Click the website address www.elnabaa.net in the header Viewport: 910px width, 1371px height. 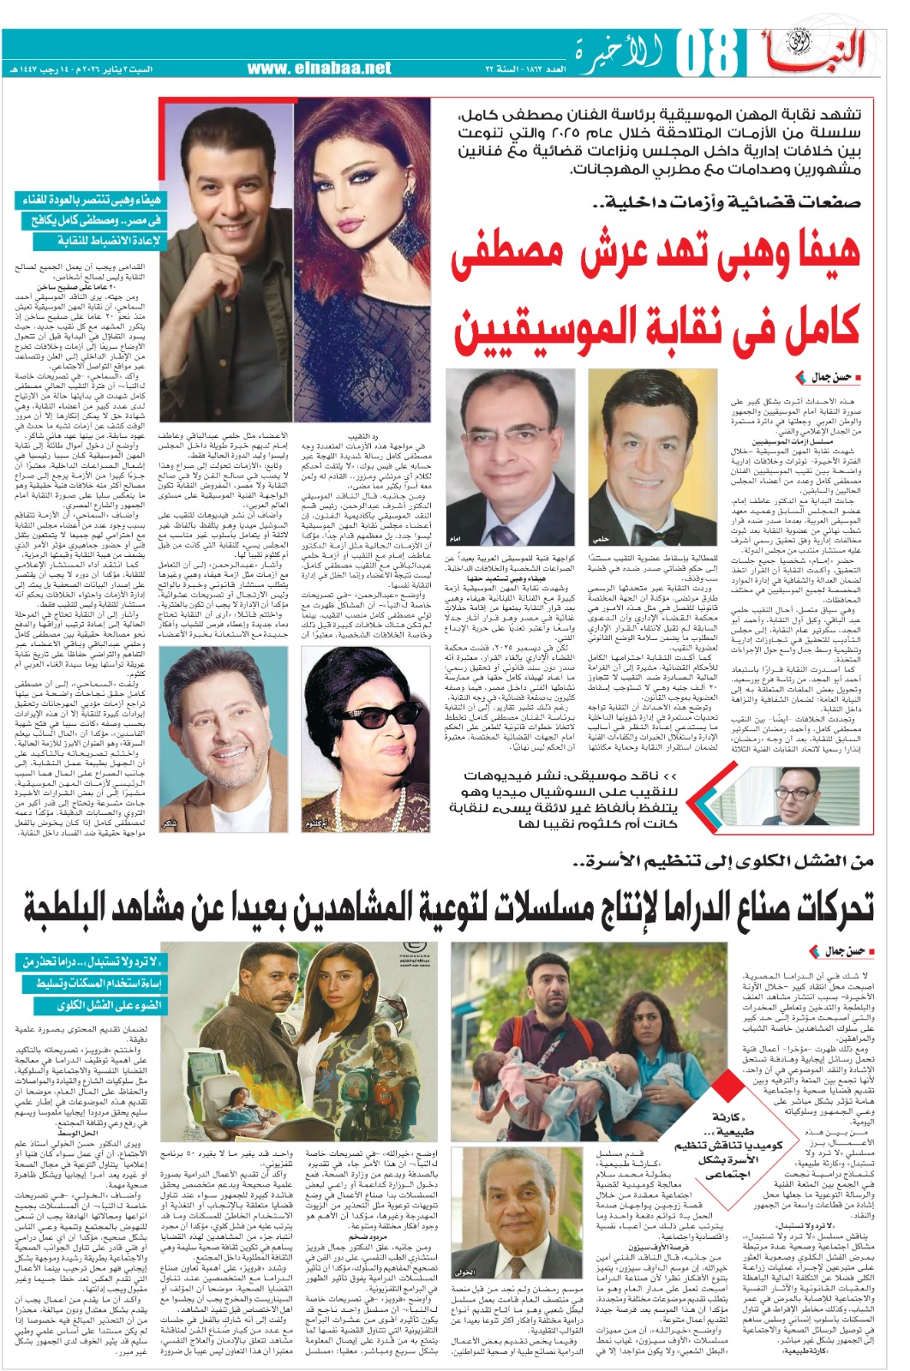[319, 68]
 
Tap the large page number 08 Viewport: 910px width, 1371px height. [707, 55]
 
